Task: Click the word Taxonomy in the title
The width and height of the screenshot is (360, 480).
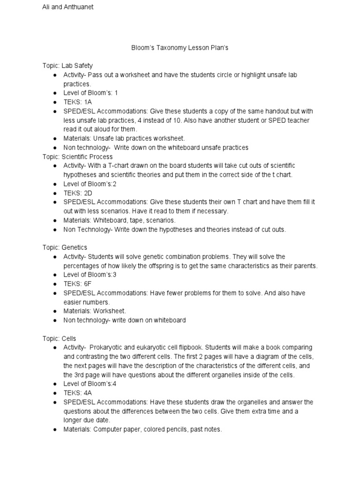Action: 170,48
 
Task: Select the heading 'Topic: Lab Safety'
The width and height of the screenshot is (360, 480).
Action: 67,66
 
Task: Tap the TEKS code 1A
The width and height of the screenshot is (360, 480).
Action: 88,102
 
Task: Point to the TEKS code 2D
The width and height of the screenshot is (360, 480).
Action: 89,193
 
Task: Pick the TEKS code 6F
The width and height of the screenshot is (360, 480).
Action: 88,284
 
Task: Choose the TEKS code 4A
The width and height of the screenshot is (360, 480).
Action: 88,393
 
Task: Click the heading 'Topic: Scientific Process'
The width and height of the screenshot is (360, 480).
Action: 77,157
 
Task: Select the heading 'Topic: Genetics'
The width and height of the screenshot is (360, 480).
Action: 65,247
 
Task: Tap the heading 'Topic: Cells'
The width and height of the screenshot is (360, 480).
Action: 59,338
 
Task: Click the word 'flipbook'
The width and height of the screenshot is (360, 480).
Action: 188,347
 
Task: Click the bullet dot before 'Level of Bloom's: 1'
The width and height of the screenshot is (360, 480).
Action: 55,93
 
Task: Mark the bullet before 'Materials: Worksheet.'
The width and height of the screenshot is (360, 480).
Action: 55,311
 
